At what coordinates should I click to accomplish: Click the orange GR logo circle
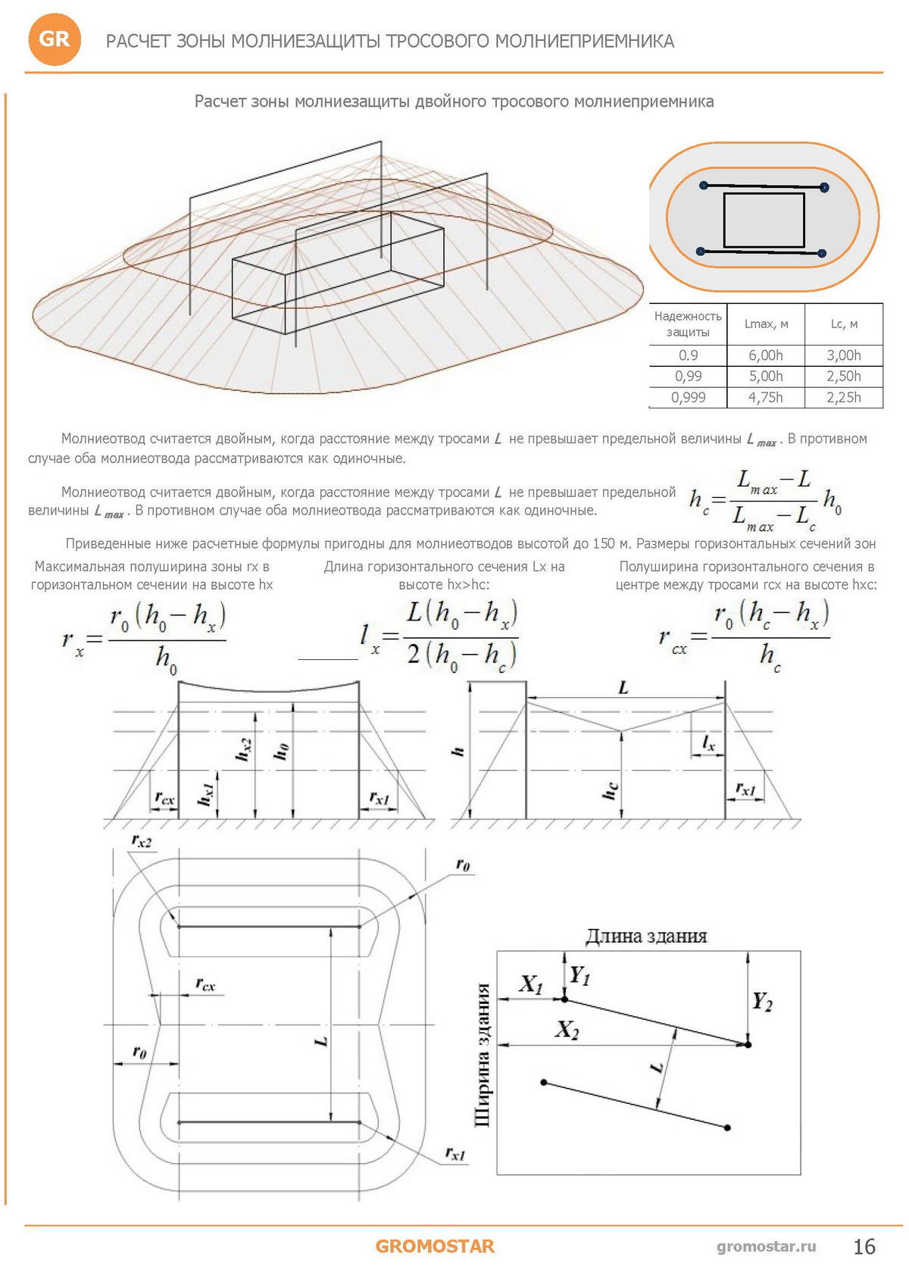pyautogui.click(x=54, y=39)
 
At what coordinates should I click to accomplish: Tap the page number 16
pyautogui.click(x=864, y=1246)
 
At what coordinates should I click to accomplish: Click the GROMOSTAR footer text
pyautogui.click(x=435, y=1246)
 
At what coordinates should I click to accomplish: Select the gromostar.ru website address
pyautogui.click(x=767, y=1246)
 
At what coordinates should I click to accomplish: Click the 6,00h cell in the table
pyautogui.click(x=765, y=355)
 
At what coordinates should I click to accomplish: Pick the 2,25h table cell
pyautogui.click(x=843, y=397)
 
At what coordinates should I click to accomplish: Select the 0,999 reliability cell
pyautogui.click(x=688, y=397)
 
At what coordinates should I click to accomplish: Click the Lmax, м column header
pyautogui.click(x=766, y=324)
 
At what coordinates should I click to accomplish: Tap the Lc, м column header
pyautogui.click(x=844, y=324)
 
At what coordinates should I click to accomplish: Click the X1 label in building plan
pyautogui.click(x=531, y=984)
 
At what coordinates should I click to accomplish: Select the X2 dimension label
pyautogui.click(x=567, y=1029)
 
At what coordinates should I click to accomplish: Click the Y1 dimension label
pyautogui.click(x=579, y=975)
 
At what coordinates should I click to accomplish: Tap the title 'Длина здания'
pyautogui.click(x=646, y=937)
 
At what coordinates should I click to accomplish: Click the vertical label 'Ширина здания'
pyautogui.click(x=482, y=1055)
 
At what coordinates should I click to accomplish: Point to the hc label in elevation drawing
pyautogui.click(x=610, y=790)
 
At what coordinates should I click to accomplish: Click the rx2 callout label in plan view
pyautogui.click(x=141, y=841)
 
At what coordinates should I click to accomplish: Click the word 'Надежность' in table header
pyautogui.click(x=687, y=316)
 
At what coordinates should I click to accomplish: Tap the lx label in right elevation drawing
pyautogui.click(x=708, y=743)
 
